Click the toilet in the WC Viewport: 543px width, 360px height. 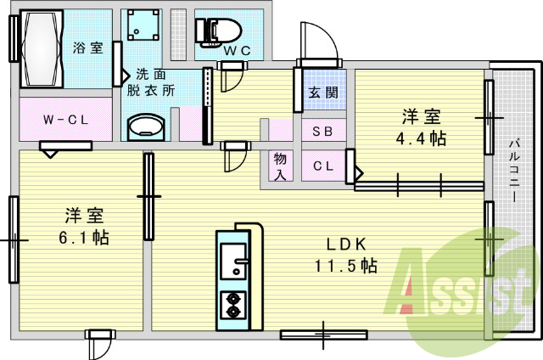point(218,32)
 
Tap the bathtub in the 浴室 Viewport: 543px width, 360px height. point(42,48)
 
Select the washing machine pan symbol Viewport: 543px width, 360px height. point(143,25)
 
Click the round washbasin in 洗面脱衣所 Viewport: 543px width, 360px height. point(146,127)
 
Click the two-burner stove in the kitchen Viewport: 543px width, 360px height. point(233,306)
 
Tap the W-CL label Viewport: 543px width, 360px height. point(66,120)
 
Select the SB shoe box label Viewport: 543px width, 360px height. point(322,131)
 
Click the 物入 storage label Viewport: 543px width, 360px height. point(280,166)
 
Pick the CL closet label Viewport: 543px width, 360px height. point(323,166)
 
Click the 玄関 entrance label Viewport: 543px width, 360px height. point(323,93)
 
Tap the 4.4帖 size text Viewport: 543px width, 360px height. point(421,138)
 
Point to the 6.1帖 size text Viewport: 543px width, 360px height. point(84,238)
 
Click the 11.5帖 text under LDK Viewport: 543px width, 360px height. point(345,266)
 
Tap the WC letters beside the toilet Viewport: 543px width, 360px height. point(238,51)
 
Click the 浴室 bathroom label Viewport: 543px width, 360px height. point(88,48)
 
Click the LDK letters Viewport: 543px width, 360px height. point(346,245)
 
